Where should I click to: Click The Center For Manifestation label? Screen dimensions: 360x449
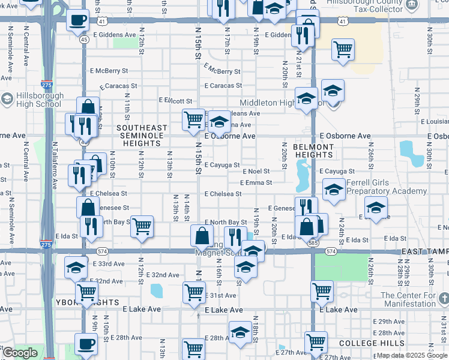click(414, 299)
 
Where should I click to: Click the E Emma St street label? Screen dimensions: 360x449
click(256, 182)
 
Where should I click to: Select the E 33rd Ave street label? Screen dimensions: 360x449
click(109, 263)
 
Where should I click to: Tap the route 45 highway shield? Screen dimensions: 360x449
click(83, 40)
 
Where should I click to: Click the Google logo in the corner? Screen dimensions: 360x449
click(20, 353)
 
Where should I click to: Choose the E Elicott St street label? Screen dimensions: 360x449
click(175, 101)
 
